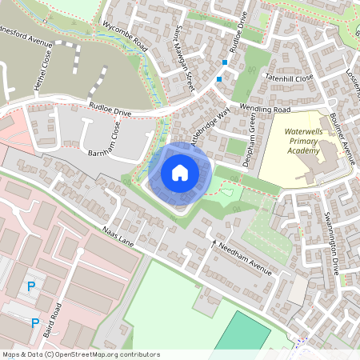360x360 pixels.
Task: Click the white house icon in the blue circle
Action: click(x=180, y=172)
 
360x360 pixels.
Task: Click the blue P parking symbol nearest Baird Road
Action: click(x=35, y=322)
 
